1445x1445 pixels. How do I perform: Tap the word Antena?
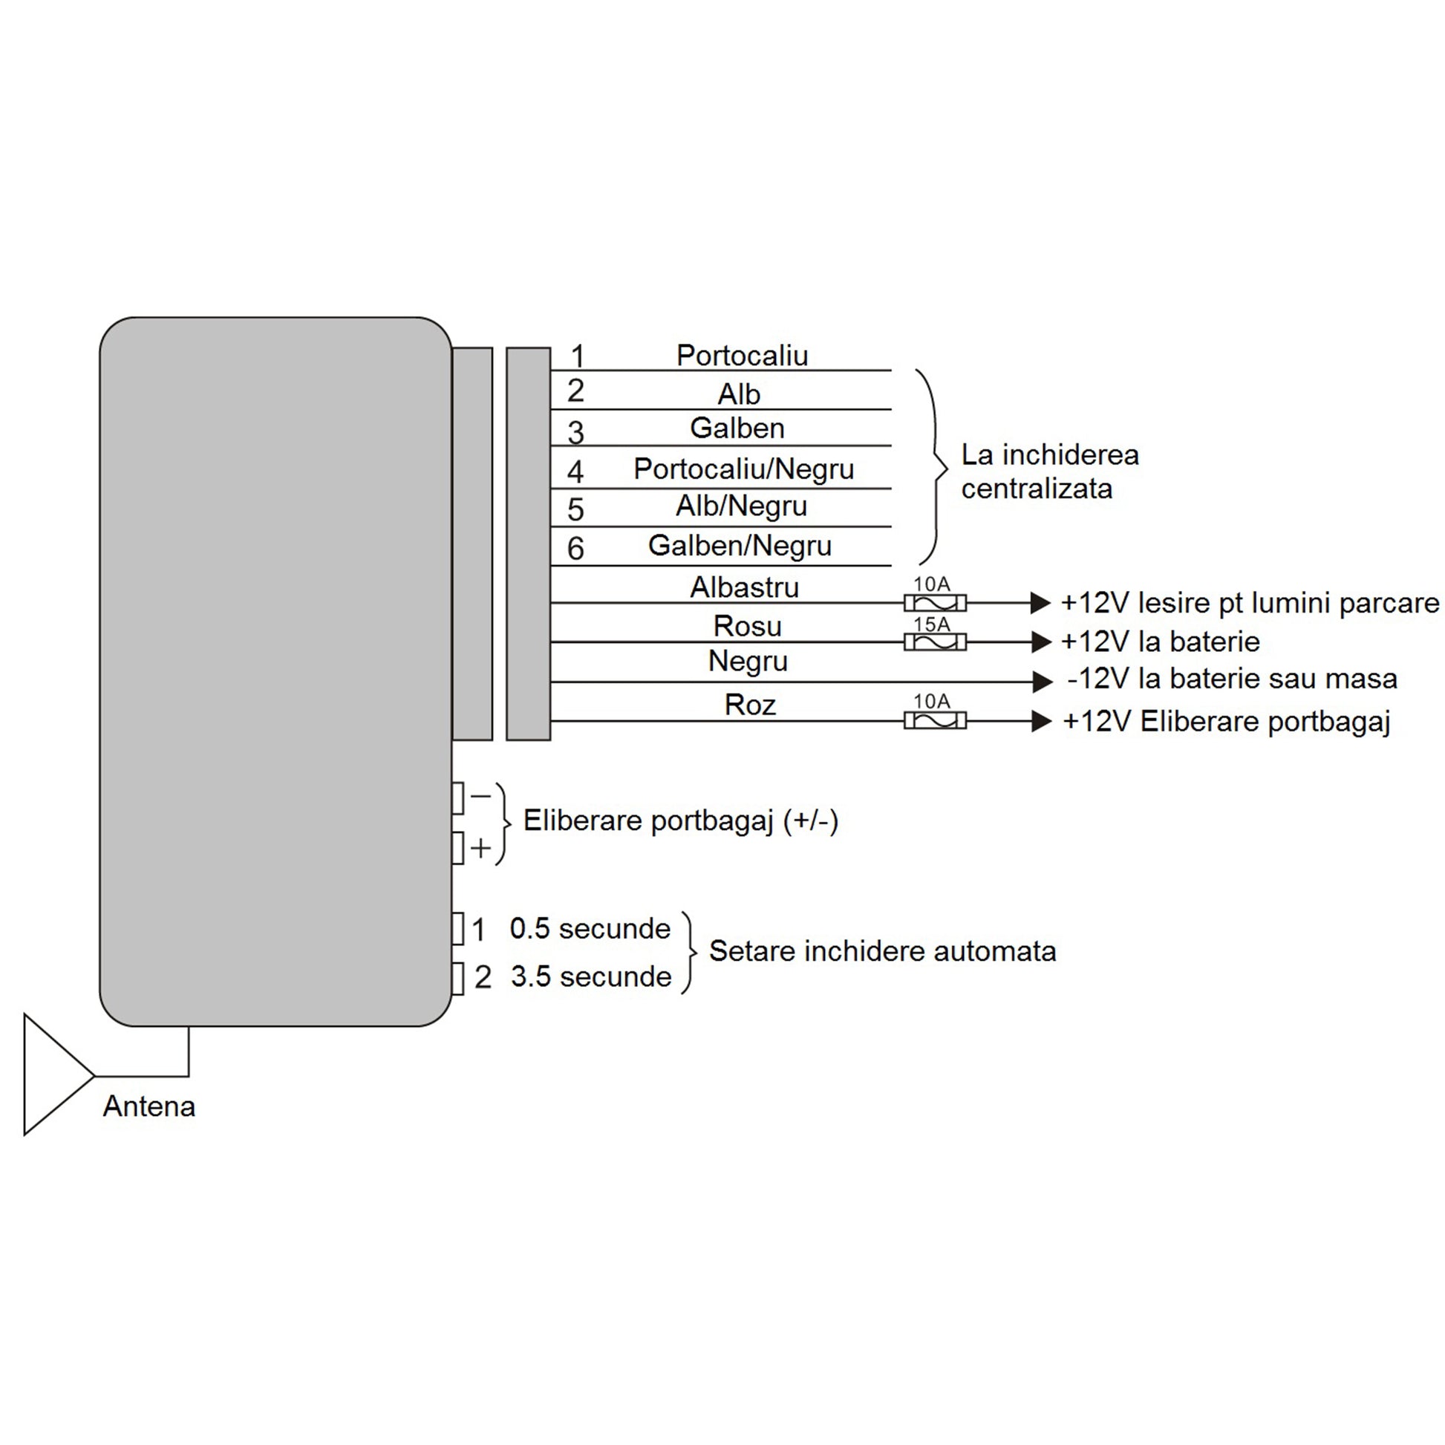(149, 1106)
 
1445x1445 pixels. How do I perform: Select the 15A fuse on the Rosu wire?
(935, 642)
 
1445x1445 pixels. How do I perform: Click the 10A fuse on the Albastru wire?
(935, 603)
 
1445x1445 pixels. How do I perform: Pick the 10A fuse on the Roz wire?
(935, 720)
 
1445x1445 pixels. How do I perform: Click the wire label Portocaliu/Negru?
(743, 469)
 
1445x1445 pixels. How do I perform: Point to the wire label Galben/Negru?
(740, 545)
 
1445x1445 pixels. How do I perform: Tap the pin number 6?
(575, 548)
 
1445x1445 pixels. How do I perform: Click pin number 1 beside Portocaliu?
(578, 356)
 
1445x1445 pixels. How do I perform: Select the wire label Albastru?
(744, 587)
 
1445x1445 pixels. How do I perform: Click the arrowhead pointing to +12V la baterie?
(1041, 642)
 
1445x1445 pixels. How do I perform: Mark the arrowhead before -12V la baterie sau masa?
(1043, 682)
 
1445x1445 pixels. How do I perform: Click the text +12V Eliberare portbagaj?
(1227, 721)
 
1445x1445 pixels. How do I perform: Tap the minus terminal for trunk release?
(457, 797)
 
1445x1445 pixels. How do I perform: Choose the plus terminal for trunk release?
(457, 848)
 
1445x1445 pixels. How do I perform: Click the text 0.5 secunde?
(590, 928)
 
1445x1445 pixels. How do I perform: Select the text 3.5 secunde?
(591, 976)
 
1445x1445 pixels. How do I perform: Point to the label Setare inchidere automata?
(883, 950)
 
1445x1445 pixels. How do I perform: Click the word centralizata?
(1037, 489)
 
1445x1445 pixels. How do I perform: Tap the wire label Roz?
(749, 705)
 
